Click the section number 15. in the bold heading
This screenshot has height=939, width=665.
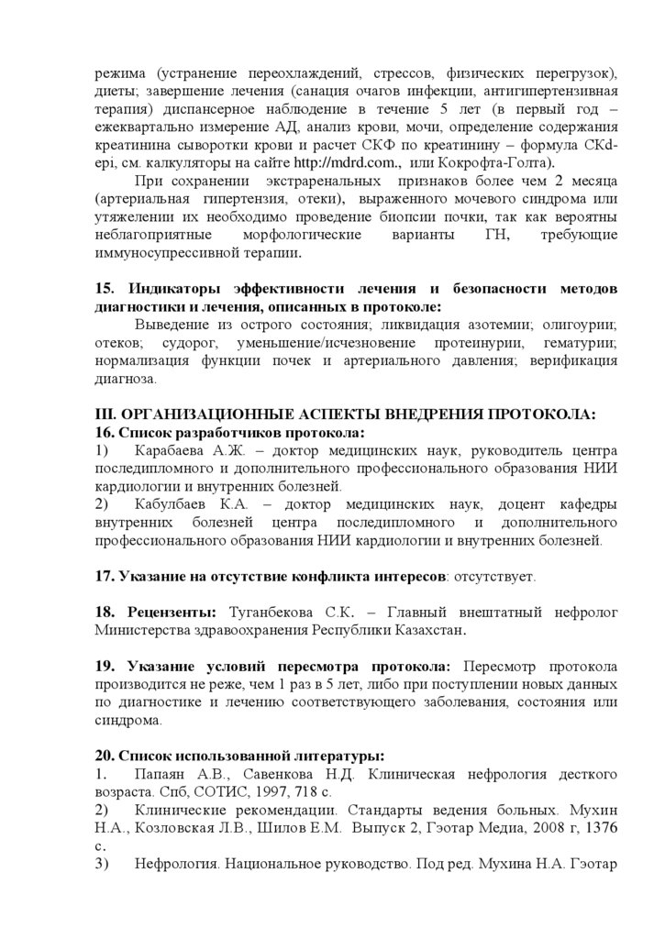(105, 288)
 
